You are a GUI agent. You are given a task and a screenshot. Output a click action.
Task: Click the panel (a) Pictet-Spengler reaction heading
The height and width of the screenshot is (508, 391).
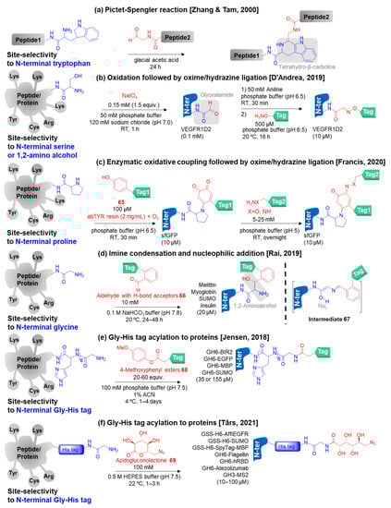pyautogui.click(x=195, y=6)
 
